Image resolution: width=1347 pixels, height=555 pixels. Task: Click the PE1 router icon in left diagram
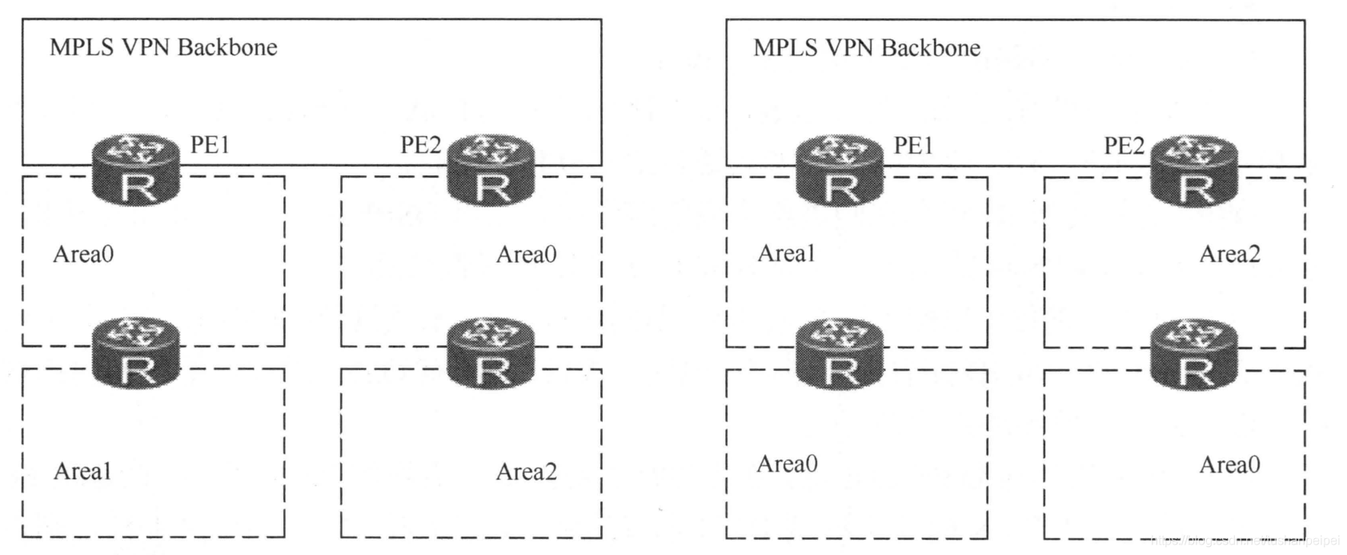click(x=136, y=170)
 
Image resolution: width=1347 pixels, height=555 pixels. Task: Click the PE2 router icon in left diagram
click(x=491, y=170)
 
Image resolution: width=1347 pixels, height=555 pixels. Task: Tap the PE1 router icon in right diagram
click(x=840, y=170)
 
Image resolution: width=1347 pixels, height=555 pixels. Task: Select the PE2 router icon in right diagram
click(x=1194, y=170)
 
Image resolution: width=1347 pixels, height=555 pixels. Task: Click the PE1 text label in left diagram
click(x=210, y=145)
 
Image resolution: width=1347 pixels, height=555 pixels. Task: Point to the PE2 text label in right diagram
click(x=1125, y=146)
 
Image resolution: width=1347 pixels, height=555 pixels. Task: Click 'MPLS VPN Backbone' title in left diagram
click(x=163, y=47)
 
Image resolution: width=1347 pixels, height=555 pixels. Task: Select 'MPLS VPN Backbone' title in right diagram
click(x=867, y=48)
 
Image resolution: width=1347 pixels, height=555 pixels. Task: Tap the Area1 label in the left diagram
click(x=82, y=472)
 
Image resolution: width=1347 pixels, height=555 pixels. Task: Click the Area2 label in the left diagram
click(x=526, y=472)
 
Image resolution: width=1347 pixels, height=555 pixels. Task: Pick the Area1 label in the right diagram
click(x=787, y=254)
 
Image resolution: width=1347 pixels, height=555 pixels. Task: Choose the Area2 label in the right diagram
click(x=1229, y=255)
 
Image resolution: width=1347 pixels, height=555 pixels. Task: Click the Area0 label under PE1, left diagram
click(x=83, y=255)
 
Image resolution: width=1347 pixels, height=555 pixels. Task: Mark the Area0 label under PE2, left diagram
click(x=526, y=255)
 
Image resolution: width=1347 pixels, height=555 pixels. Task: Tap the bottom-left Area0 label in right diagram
click(x=788, y=464)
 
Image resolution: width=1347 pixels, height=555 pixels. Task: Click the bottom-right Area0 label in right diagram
click(x=1229, y=465)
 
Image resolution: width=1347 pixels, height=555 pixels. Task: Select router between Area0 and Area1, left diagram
click(x=136, y=352)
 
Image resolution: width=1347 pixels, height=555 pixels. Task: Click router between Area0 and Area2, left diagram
click(x=491, y=352)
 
